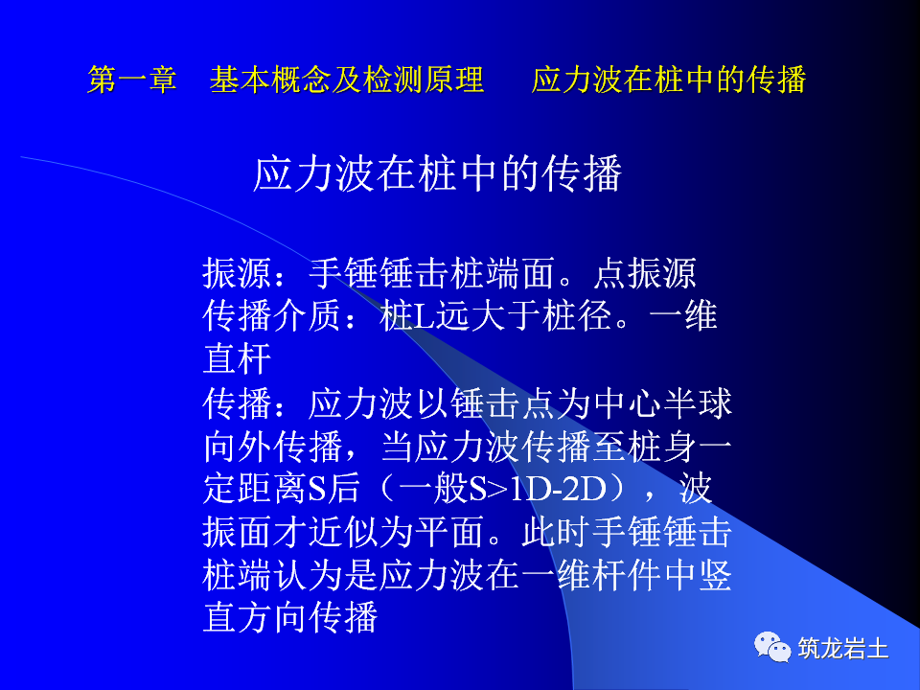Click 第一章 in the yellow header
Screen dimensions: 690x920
coord(132,80)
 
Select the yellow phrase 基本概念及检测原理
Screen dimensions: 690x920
coord(347,80)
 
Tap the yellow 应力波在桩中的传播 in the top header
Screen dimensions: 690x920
coord(668,80)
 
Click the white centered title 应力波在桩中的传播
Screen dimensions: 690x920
coord(438,174)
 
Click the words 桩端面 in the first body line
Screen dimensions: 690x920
coord(503,275)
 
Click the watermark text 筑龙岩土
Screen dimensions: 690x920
coord(843,649)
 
